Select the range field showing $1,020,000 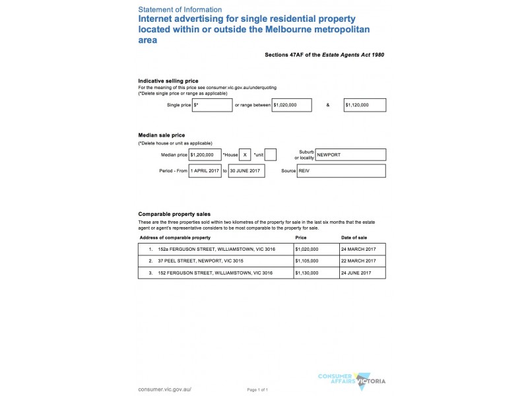tap(291, 105)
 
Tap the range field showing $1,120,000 tap(364, 105)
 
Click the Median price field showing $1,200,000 tap(205, 154)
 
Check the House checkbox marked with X tap(245, 154)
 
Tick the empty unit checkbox tap(270, 154)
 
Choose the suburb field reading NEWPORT tap(350, 154)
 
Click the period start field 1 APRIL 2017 tap(205, 171)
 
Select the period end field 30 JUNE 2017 tap(246, 171)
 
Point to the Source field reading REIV tap(350, 171)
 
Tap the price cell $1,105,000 tap(307, 261)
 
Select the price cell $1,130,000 tap(307, 273)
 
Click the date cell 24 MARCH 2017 tap(358, 249)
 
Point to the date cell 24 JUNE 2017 tap(356, 273)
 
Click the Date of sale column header tap(354, 237)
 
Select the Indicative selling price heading tap(168, 81)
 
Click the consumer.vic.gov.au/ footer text tap(165, 389)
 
